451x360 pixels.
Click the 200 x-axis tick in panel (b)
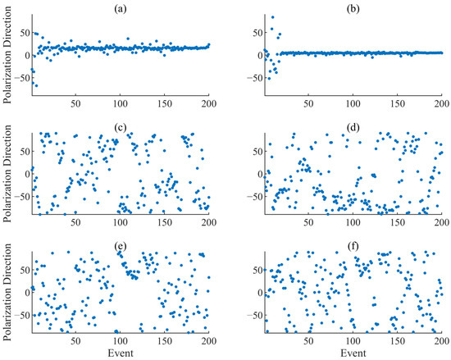click(x=440, y=105)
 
